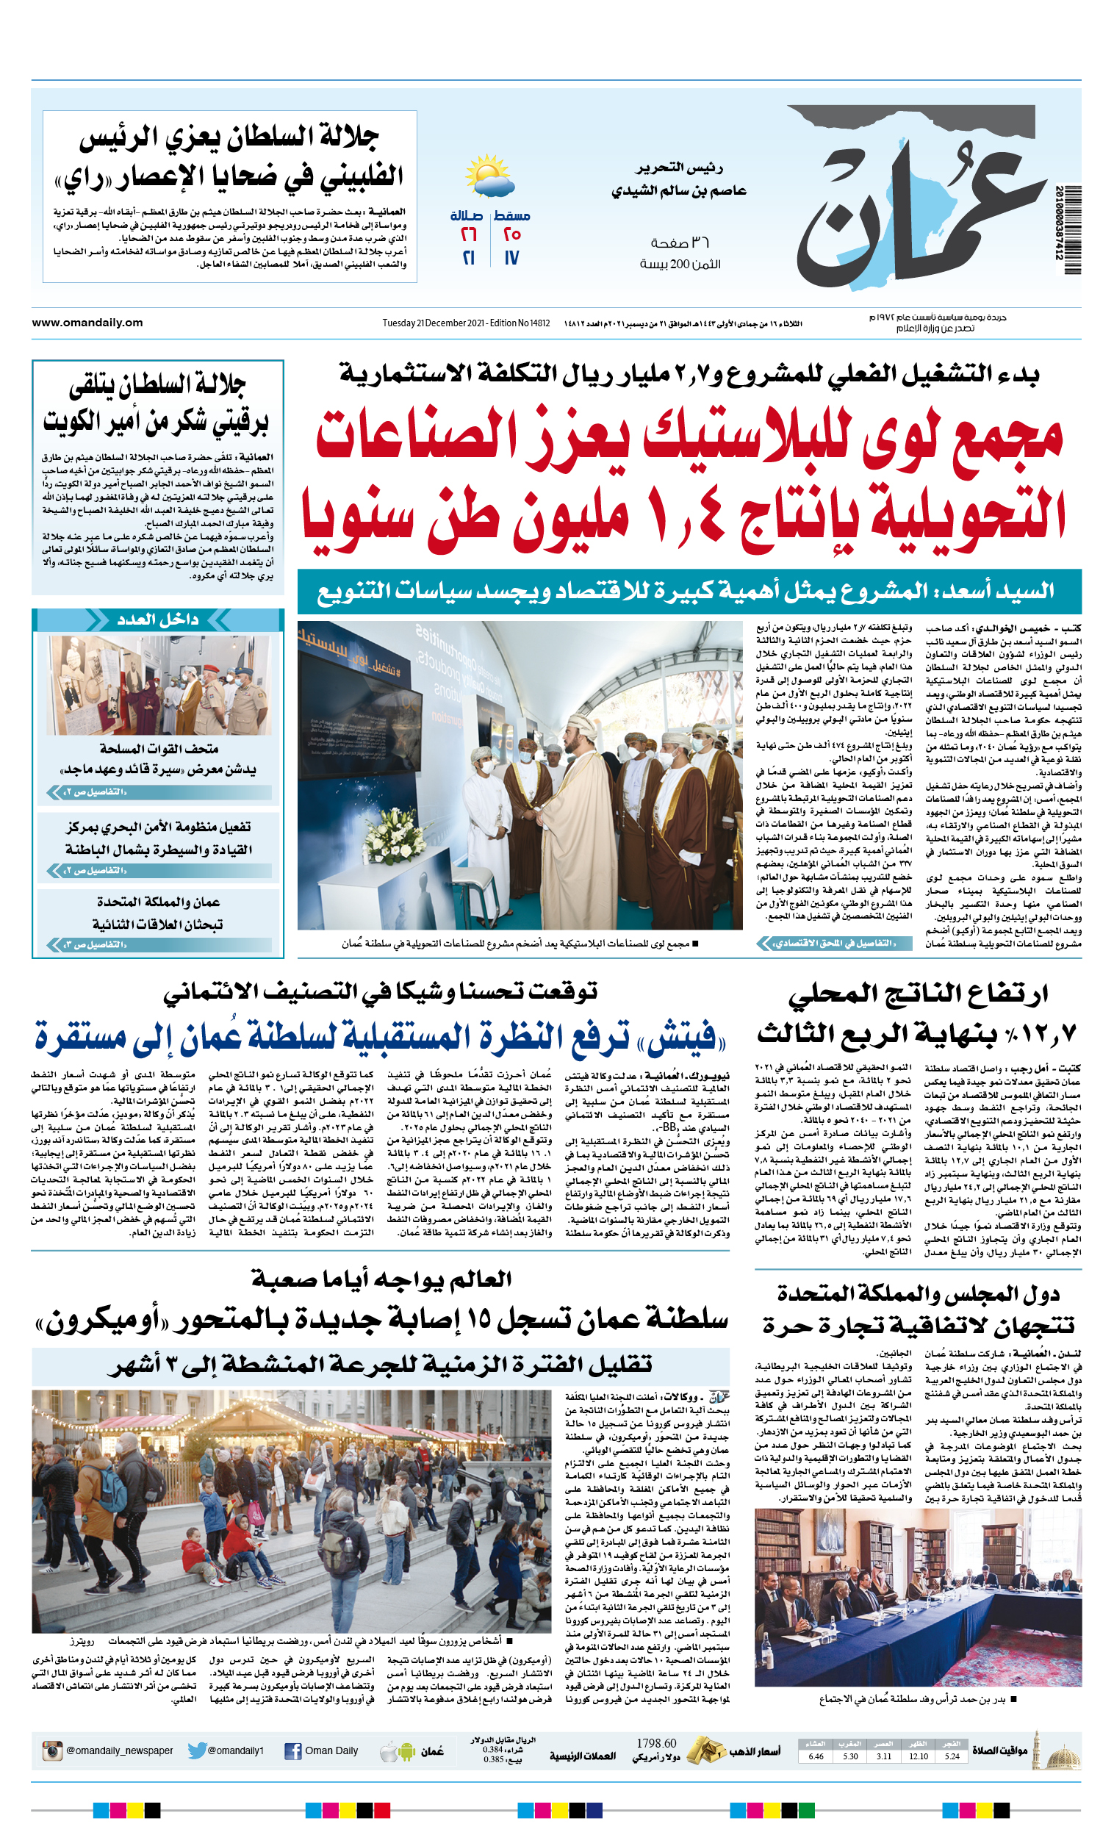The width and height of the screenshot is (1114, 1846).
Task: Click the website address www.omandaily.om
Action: coord(87,323)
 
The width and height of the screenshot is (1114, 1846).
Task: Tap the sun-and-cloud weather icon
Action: coord(489,177)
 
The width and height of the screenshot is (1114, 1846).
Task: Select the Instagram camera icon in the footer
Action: coord(51,1751)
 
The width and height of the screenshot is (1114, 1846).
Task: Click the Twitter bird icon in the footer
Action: coord(197,1751)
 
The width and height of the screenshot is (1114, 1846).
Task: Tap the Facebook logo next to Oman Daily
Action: coord(293,1751)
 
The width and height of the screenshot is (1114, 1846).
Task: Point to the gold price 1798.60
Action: coord(656,1742)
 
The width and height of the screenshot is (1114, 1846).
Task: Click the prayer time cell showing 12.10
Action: coord(919,1756)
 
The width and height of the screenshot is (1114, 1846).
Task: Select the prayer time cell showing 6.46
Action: coord(816,1756)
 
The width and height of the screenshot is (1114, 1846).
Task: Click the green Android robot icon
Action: coord(407,1752)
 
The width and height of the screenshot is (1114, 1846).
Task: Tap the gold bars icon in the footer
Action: coord(705,1751)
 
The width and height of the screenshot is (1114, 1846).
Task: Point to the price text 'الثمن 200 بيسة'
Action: coord(680,264)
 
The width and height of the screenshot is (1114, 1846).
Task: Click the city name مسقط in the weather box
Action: coord(511,216)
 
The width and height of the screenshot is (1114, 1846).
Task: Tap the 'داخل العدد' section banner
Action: coord(157,619)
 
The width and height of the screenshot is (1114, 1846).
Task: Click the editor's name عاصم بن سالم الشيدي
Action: coord(679,190)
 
